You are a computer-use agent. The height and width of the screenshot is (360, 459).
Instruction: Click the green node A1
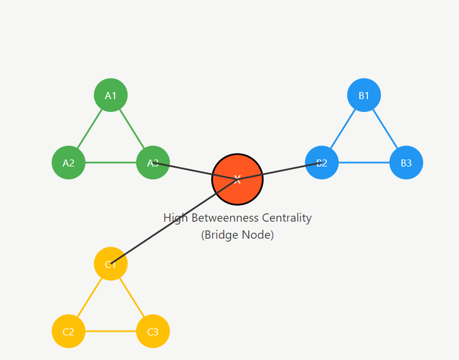(111, 95)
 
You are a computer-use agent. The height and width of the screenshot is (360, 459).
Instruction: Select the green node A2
(69, 162)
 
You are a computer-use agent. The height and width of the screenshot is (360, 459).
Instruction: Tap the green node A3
(153, 162)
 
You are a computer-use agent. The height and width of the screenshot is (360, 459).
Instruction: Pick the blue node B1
(364, 95)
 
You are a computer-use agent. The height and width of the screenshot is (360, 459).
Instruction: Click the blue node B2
(322, 162)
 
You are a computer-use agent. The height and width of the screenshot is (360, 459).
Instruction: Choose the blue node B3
(406, 162)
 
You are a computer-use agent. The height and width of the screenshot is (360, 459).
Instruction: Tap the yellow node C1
(110, 264)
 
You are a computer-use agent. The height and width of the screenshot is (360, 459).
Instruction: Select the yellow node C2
(69, 331)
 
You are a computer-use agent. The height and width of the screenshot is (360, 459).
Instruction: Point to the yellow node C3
(153, 331)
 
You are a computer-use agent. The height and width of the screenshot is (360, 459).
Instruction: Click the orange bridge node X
(237, 179)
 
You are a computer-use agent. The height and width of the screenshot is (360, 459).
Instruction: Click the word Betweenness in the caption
(223, 218)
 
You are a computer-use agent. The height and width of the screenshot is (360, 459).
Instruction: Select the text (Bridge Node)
(237, 235)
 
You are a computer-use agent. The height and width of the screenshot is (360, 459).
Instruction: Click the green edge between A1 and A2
(90, 129)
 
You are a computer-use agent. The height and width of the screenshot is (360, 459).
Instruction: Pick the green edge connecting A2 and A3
(111, 162)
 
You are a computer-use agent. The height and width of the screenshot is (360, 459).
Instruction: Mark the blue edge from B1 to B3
(385, 129)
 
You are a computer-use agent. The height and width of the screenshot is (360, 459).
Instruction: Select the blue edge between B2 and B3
(364, 162)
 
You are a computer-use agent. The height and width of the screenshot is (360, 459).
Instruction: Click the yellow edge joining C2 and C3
(111, 331)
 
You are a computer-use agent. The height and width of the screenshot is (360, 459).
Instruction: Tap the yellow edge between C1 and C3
(131, 298)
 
